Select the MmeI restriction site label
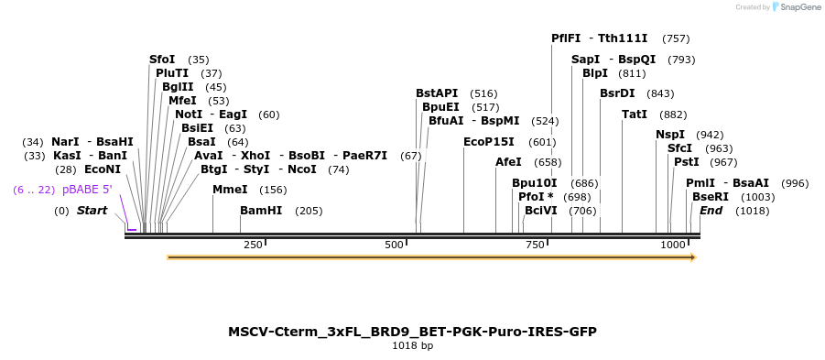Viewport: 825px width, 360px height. [x=230, y=190]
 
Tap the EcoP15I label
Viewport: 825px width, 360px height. [x=489, y=142]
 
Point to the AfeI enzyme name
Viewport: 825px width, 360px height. [x=508, y=162]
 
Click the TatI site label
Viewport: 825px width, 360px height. [x=635, y=115]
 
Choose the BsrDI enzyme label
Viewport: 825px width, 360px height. [x=617, y=93]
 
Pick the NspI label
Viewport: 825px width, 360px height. [x=670, y=135]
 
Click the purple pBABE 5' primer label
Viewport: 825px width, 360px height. [x=87, y=190]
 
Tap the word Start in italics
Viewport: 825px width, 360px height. [x=92, y=211]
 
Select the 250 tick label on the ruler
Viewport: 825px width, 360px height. [x=254, y=245]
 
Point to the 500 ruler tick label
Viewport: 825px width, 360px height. [x=394, y=245]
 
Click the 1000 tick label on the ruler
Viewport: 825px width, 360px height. [x=673, y=245]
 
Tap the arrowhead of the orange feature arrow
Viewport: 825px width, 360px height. [x=692, y=257]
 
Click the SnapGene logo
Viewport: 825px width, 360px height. [x=794, y=7]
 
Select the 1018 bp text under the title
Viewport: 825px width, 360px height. [x=412, y=346]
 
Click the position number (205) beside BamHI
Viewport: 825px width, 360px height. [x=309, y=211]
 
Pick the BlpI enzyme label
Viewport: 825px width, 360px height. [x=595, y=73]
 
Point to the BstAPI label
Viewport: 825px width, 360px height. [x=437, y=93]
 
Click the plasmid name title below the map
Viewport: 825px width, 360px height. [x=412, y=331]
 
